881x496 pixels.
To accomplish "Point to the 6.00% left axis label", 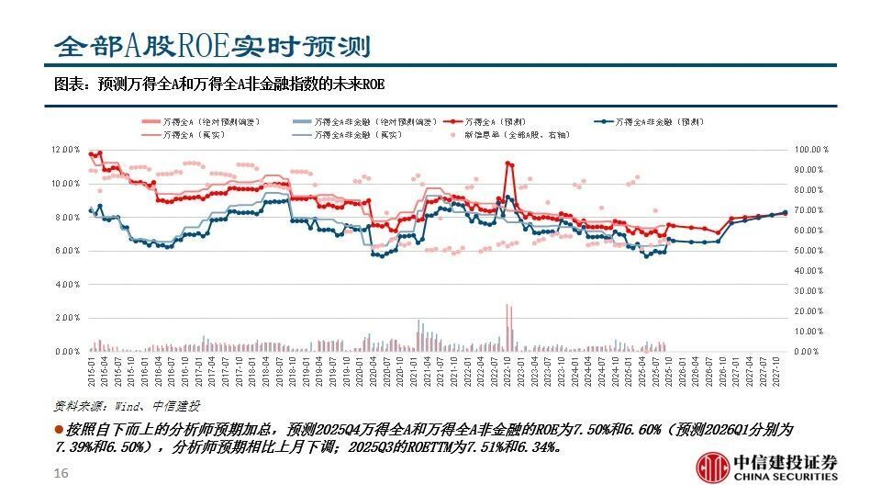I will (68, 251).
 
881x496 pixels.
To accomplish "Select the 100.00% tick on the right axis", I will (811, 149).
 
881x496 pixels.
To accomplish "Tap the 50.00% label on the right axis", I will (812, 251).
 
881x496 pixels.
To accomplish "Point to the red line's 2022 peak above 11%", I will (508, 163).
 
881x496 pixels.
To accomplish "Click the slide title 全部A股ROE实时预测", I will (212, 45).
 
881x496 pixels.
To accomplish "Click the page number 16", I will (61, 473).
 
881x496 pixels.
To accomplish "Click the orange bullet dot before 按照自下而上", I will (59, 430).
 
